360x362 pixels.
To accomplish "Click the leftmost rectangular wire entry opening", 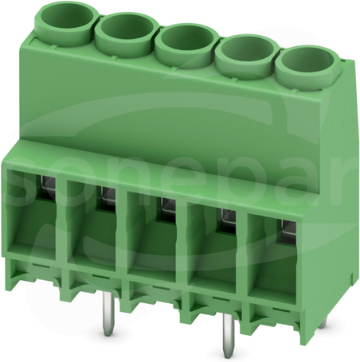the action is point(31,212).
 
